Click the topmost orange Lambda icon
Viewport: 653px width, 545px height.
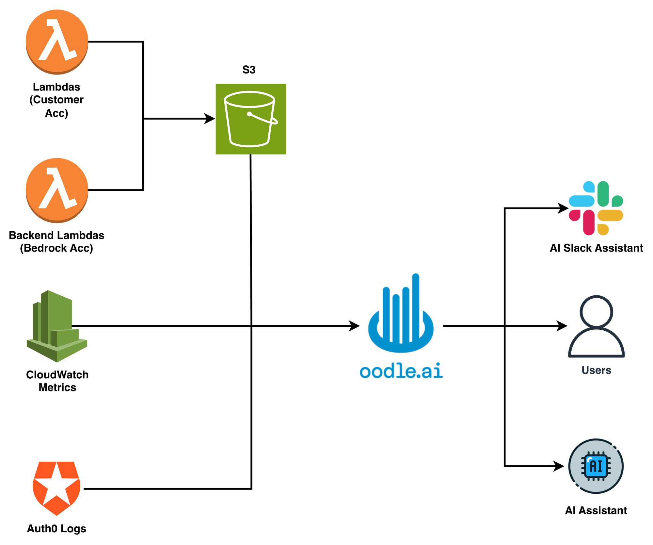coord(57,42)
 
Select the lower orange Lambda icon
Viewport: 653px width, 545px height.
coord(57,190)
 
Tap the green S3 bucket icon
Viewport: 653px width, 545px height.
coord(251,119)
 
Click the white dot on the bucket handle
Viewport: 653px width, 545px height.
coord(249,114)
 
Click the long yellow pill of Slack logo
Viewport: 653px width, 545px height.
coord(610,216)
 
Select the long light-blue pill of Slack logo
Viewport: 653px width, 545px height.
coord(581,201)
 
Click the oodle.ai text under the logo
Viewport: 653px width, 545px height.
coord(401,371)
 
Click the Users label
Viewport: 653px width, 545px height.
coord(596,370)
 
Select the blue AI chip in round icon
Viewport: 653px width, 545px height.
coord(596,466)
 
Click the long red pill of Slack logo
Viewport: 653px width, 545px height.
coord(589,223)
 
